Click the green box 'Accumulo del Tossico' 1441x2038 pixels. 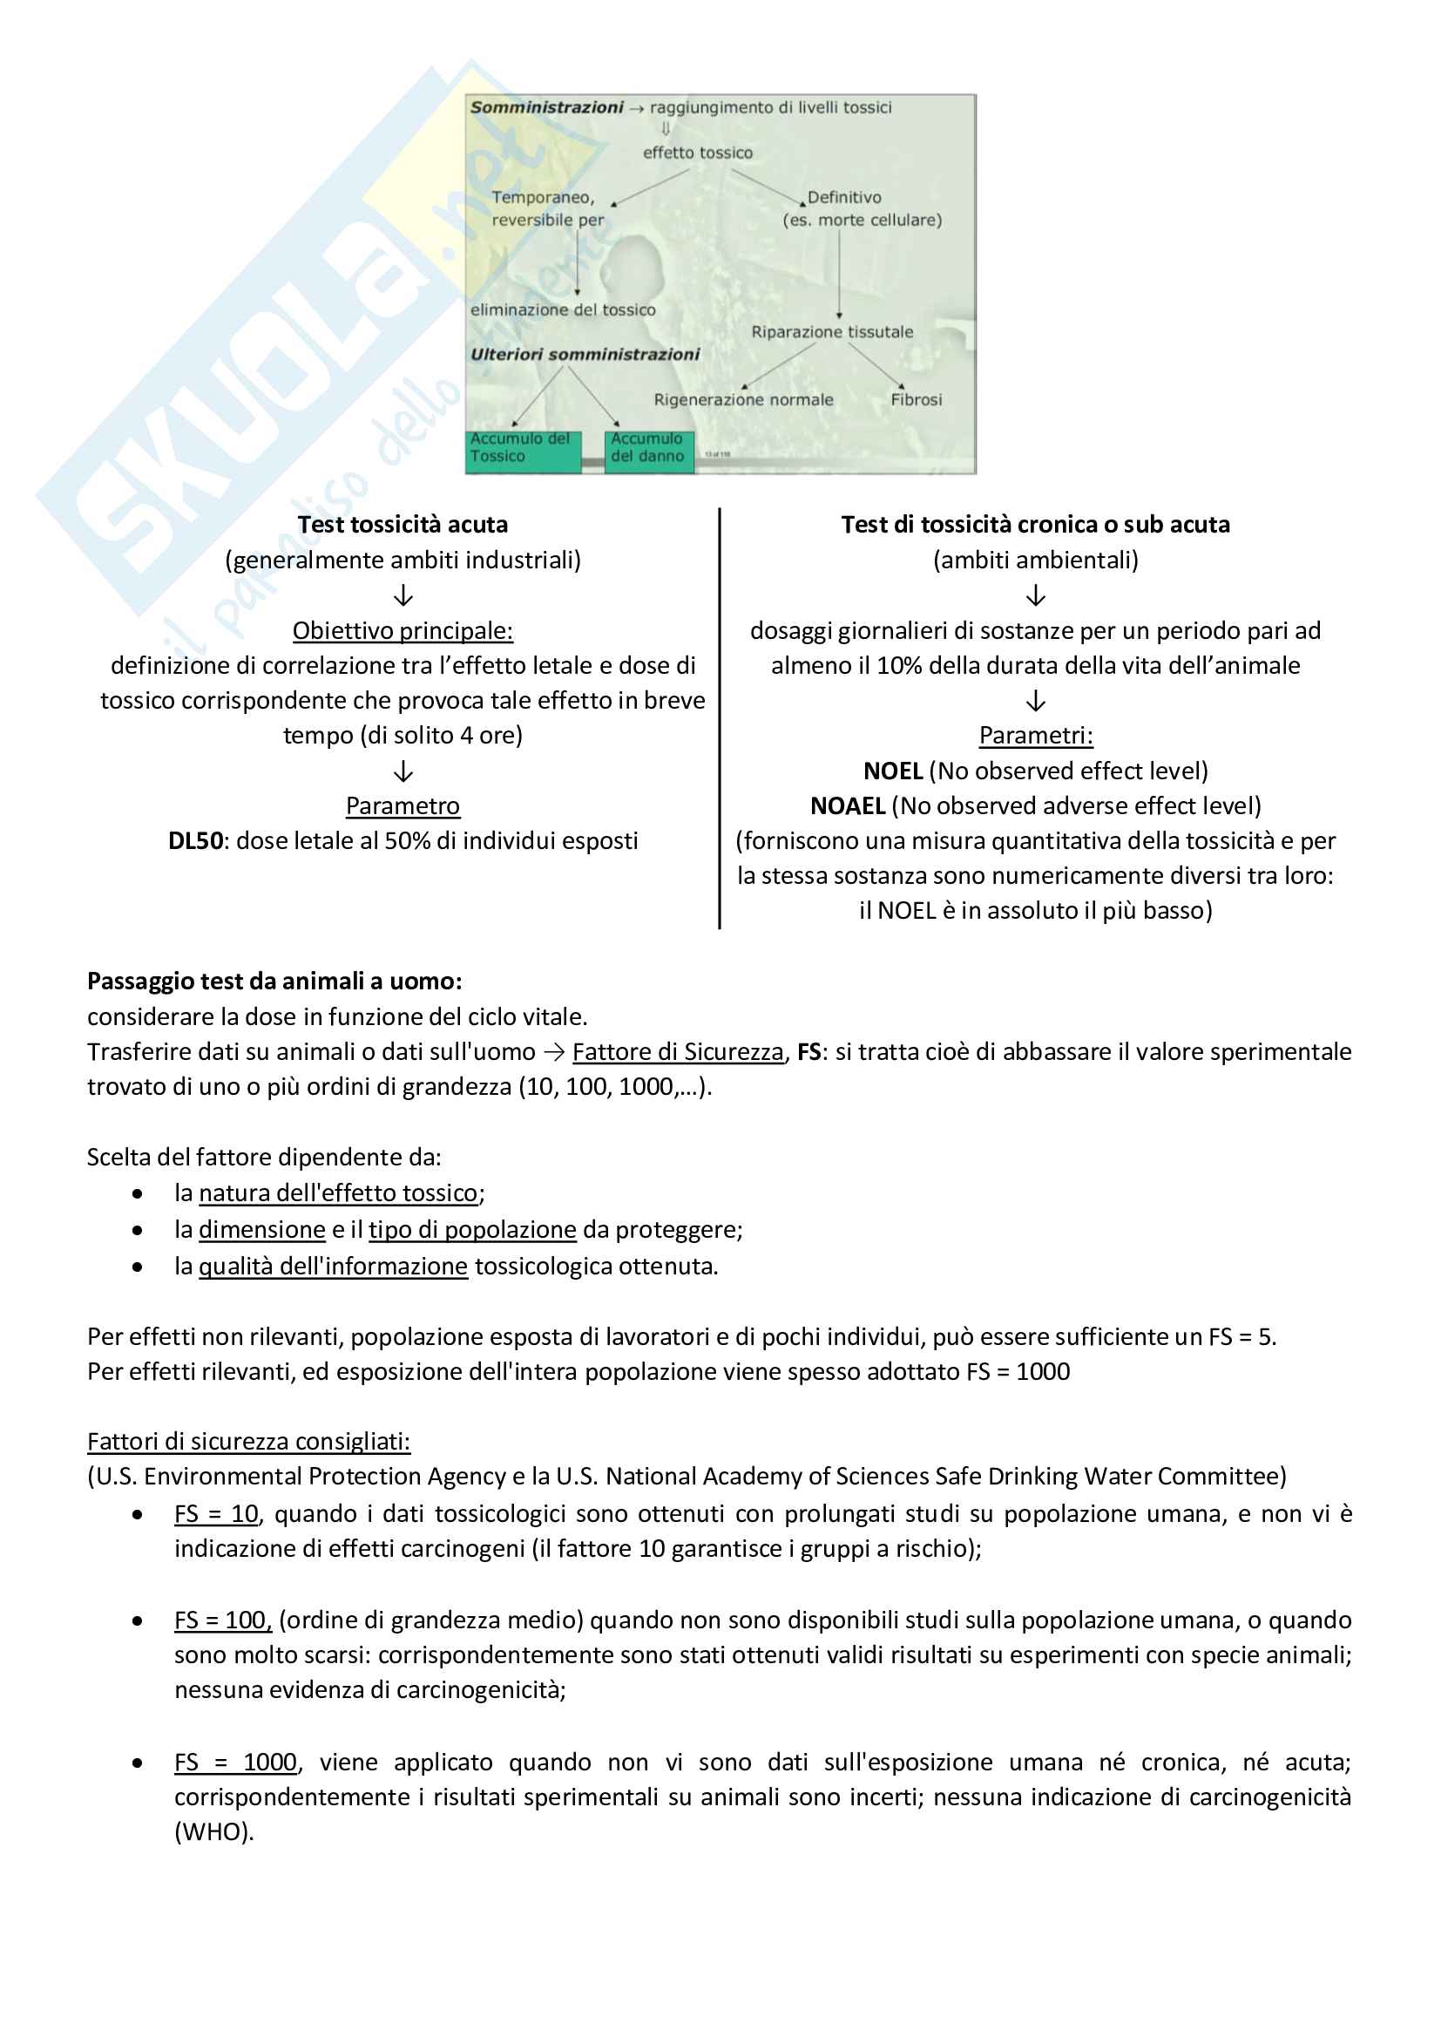point(523,448)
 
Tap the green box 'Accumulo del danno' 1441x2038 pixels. point(649,448)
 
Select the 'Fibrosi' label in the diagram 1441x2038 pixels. point(917,400)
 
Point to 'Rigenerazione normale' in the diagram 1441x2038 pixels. point(743,400)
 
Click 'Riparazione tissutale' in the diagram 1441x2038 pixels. point(832,332)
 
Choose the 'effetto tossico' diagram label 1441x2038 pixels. point(698,153)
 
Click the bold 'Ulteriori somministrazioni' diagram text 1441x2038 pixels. point(585,354)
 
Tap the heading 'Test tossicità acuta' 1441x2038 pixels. point(403,525)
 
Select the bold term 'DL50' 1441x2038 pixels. point(195,840)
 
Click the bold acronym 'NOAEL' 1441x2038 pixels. point(848,806)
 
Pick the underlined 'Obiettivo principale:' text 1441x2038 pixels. point(403,630)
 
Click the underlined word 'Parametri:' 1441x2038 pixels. point(1036,735)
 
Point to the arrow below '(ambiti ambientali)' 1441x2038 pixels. point(1036,595)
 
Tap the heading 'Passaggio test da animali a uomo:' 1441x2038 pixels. point(274,981)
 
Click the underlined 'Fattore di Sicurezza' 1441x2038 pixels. point(678,1052)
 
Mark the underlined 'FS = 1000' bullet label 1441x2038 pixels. point(236,1762)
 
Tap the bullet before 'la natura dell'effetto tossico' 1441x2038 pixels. point(138,1194)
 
